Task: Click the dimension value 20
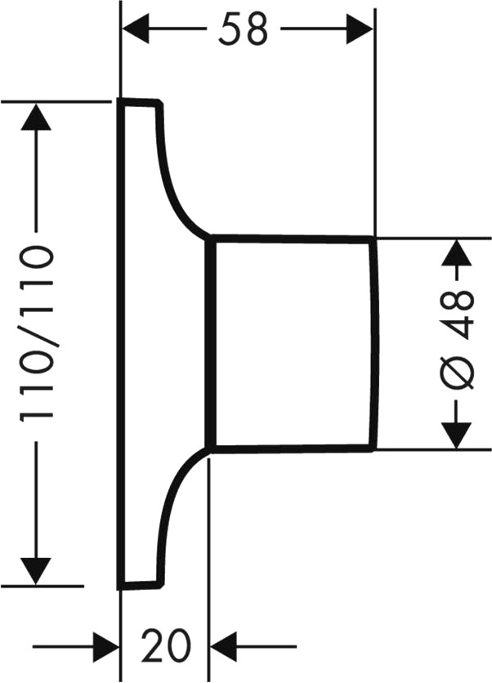tap(166, 645)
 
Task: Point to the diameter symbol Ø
tap(456, 373)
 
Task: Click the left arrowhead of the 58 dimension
tap(135, 29)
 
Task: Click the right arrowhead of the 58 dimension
tap(360, 29)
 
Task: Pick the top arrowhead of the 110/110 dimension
tap(36, 116)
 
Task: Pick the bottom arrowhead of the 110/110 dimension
tap(36, 571)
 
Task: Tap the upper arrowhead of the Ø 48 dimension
tap(457, 252)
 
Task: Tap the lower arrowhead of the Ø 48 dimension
tap(457, 435)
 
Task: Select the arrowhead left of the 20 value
tap(106, 646)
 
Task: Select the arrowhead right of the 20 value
tap(224, 646)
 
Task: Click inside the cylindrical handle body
tap(293, 343)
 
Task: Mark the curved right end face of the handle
tap(374, 343)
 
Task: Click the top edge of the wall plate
tap(140, 102)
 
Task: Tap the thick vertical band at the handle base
tap(211, 343)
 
